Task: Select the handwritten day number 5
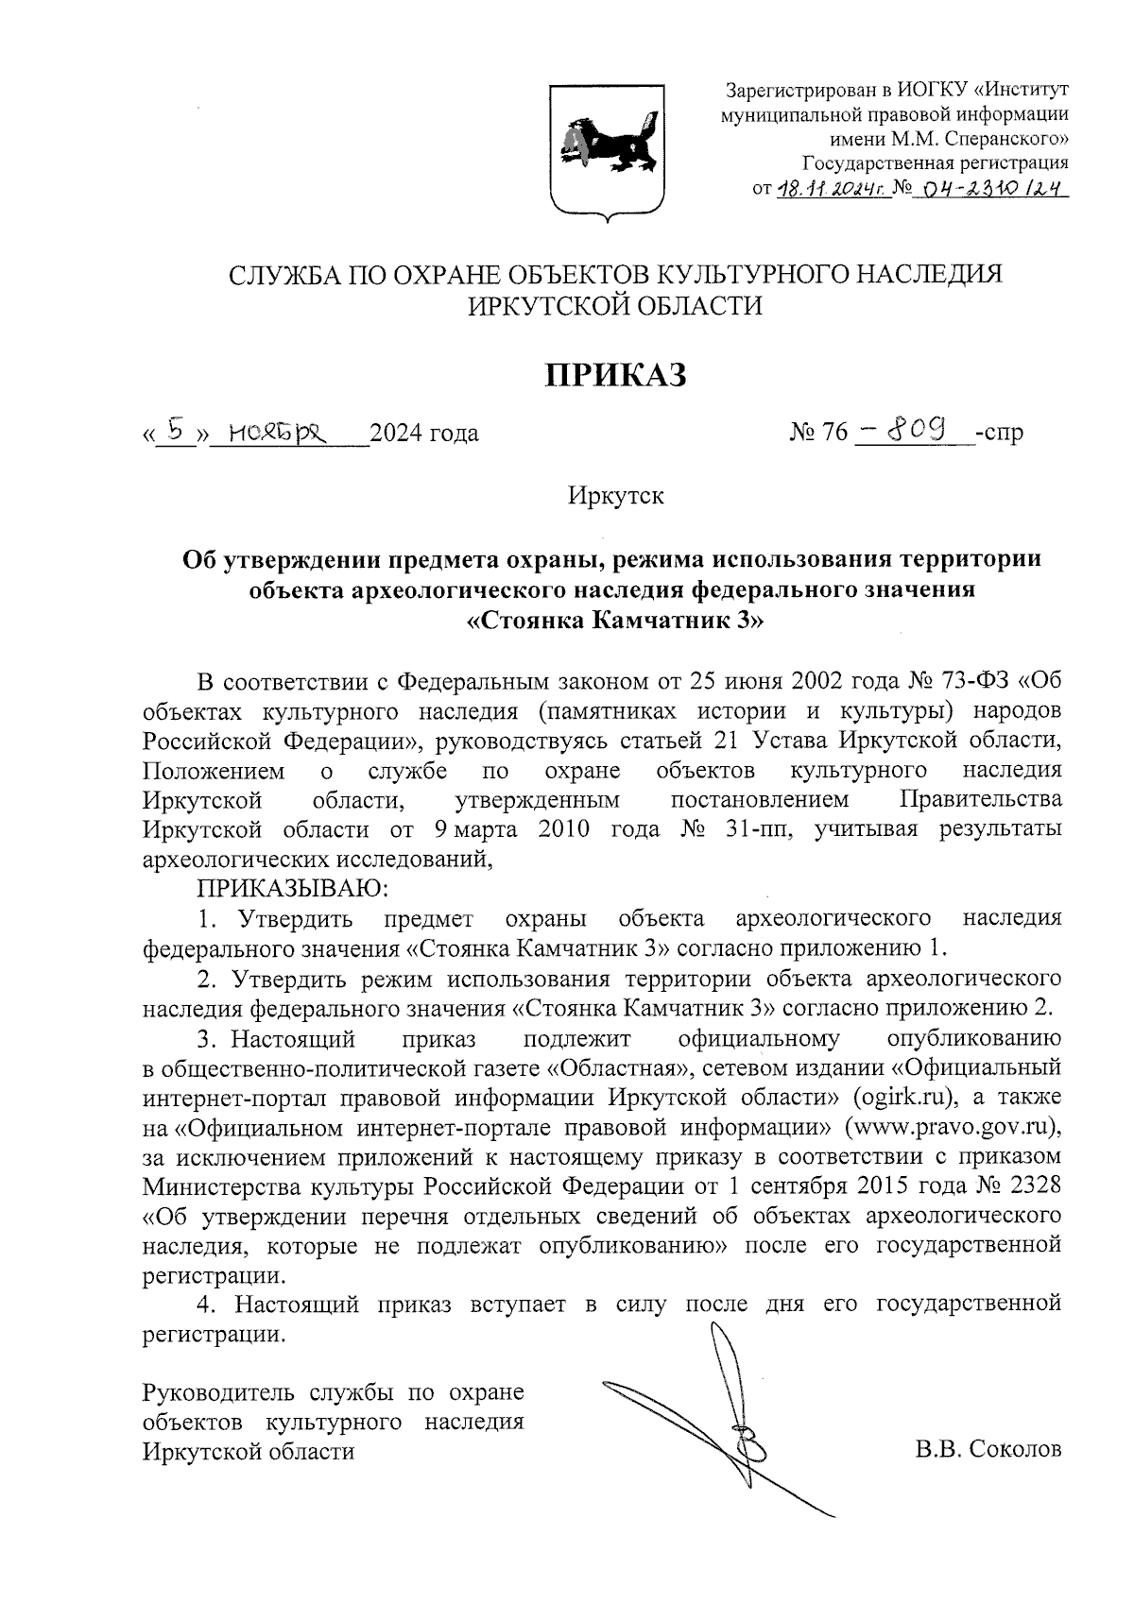pos(174,430)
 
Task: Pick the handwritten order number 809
pos(919,430)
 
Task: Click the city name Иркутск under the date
pos(616,495)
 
